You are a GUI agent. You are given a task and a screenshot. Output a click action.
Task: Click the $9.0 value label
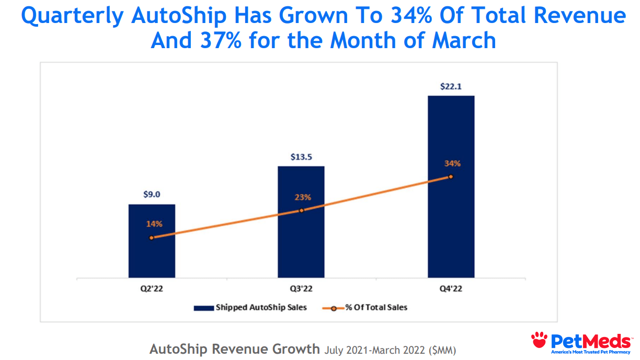tap(152, 194)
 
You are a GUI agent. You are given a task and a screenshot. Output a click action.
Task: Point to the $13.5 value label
tap(301, 156)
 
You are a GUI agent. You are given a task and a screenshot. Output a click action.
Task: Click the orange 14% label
tap(154, 223)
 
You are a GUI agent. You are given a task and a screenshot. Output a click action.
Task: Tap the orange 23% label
tap(303, 197)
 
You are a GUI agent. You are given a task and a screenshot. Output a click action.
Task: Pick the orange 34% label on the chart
tap(452, 163)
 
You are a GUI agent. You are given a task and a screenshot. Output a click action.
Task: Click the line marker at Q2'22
tap(152, 238)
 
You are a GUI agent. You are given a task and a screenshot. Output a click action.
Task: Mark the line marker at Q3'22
tap(301, 210)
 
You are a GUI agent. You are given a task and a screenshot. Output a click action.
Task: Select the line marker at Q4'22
tap(451, 176)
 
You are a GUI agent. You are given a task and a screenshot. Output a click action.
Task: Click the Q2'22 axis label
tap(152, 288)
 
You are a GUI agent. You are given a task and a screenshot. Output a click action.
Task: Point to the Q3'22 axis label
tap(301, 288)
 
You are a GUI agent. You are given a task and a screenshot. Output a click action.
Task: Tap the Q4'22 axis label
tap(451, 288)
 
